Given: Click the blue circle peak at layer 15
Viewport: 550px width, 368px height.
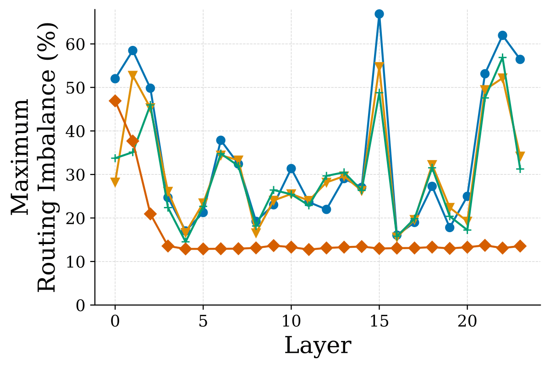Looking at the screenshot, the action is tap(379, 14).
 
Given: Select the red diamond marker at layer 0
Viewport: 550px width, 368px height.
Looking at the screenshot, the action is tap(115, 101).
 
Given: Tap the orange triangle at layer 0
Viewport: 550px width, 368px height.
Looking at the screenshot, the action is tap(115, 182).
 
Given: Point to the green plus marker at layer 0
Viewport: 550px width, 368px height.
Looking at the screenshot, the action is tap(115, 158).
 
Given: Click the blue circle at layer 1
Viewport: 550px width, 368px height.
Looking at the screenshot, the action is tap(132, 50).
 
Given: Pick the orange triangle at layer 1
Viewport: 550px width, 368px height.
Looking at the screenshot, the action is tap(132, 75).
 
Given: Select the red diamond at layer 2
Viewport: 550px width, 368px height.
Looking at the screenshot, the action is tap(150, 214).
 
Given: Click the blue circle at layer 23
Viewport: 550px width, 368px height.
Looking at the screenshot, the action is tap(520, 60).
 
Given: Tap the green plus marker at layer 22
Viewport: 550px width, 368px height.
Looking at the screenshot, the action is tap(502, 58).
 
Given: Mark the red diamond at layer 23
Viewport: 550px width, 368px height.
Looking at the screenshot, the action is tap(520, 246).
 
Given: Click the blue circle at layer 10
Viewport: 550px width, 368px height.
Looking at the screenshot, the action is tap(291, 169).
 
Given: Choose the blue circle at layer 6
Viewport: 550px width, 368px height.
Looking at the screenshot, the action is tap(221, 140).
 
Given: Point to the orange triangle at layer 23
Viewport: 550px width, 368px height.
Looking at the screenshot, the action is tap(520, 156).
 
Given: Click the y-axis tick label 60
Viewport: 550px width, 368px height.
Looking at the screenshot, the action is tap(75, 45).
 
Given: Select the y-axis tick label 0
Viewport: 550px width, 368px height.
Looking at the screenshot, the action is tap(80, 306).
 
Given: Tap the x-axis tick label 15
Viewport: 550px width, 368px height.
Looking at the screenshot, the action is tap(379, 321).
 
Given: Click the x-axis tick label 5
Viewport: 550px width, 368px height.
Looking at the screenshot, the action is tap(203, 321).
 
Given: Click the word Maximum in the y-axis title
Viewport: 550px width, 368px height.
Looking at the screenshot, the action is tap(20, 156).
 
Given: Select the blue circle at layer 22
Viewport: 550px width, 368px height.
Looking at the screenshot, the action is tap(502, 35).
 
